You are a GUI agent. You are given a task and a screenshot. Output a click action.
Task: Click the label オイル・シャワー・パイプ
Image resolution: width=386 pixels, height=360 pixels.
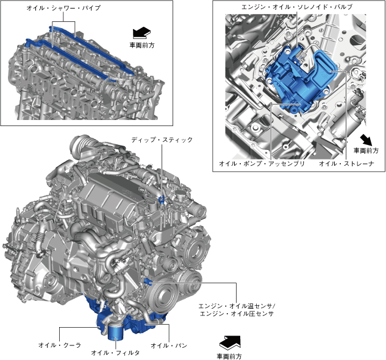point(63,8)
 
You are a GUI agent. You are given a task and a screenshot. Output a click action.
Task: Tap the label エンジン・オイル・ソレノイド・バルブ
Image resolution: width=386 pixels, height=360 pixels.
point(297,7)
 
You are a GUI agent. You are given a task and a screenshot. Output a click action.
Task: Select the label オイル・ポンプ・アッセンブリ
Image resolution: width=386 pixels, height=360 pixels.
point(262,163)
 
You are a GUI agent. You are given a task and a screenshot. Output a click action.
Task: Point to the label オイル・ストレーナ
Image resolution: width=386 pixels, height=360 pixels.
point(346,163)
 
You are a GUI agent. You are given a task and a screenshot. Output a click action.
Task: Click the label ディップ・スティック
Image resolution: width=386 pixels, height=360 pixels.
point(162,139)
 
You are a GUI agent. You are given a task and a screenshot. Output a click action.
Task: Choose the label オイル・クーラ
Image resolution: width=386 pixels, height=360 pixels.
point(60,345)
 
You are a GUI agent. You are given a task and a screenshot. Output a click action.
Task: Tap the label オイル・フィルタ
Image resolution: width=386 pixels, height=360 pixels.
point(115,353)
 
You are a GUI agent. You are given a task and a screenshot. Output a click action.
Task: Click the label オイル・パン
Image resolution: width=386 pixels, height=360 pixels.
point(169,345)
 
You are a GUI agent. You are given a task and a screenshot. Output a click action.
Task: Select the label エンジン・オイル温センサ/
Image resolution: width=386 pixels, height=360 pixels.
point(237,306)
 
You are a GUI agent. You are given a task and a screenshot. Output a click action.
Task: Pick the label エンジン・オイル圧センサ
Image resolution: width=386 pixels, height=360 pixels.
point(237,314)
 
